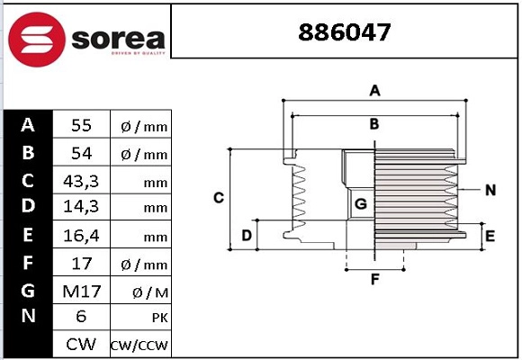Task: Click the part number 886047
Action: pyautogui.click(x=345, y=33)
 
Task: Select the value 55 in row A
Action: pyautogui.click(x=81, y=125)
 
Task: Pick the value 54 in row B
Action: pyautogui.click(x=81, y=153)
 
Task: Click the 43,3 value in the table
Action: pyautogui.click(x=81, y=181)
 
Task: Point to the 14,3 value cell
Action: pyautogui.click(x=81, y=207)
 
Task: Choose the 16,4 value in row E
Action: pyautogui.click(x=81, y=236)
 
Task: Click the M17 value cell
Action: pyautogui.click(x=81, y=291)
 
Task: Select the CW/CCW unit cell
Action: pyautogui.click(x=139, y=346)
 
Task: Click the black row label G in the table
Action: pyautogui.click(x=28, y=291)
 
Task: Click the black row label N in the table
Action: pyautogui.click(x=28, y=318)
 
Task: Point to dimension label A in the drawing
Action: pyautogui.click(x=375, y=90)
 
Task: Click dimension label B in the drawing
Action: pyautogui.click(x=374, y=123)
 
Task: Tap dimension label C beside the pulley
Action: pyautogui.click(x=218, y=197)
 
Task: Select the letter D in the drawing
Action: pyautogui.click(x=246, y=236)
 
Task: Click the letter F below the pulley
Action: pyautogui.click(x=375, y=279)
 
